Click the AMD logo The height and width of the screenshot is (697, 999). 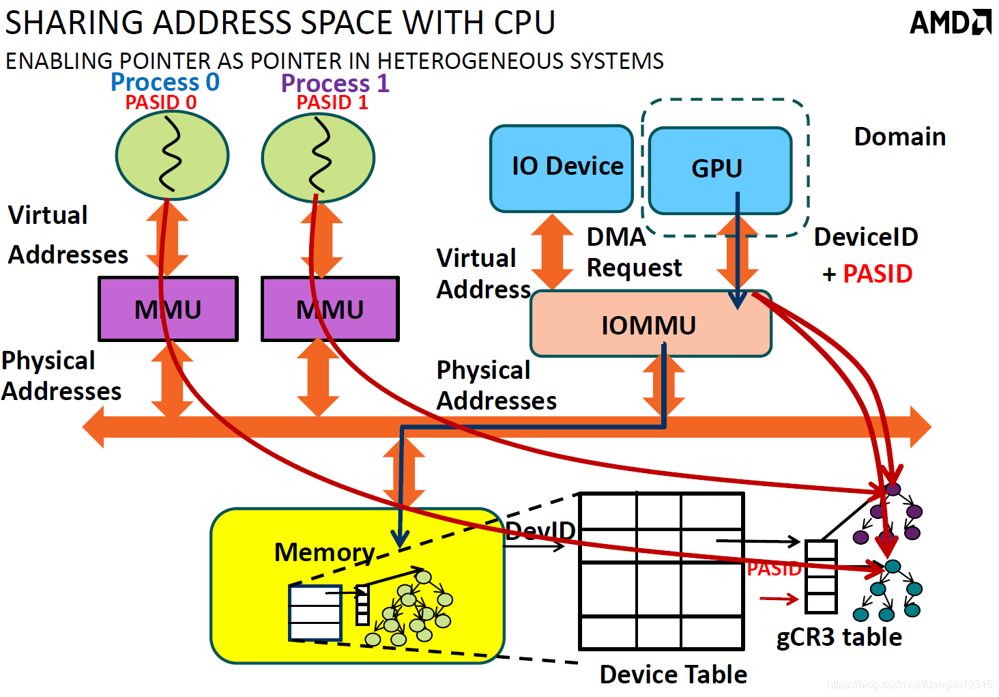coord(950,23)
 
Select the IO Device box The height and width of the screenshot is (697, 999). coord(562,168)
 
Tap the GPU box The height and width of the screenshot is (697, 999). coord(721,171)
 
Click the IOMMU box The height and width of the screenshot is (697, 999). coord(651,324)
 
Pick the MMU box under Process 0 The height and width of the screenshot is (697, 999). coord(168,309)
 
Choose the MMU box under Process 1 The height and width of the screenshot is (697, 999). coord(330,309)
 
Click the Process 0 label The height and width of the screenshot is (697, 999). coord(165,82)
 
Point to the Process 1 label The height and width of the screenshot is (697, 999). coord(335,83)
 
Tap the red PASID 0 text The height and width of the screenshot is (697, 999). coord(160,102)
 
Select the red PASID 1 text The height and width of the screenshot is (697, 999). coord(332,102)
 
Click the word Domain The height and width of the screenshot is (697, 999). coord(900,137)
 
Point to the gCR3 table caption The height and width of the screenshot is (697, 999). coord(839,637)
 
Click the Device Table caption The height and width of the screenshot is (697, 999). coord(674,674)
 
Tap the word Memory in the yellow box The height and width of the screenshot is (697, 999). coord(325,552)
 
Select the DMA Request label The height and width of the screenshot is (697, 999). coord(634,253)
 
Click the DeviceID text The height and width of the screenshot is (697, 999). coord(866,236)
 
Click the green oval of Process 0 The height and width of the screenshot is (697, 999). coord(172,155)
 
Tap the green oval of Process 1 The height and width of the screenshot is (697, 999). coord(318,158)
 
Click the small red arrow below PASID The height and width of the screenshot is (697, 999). coord(779,599)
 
